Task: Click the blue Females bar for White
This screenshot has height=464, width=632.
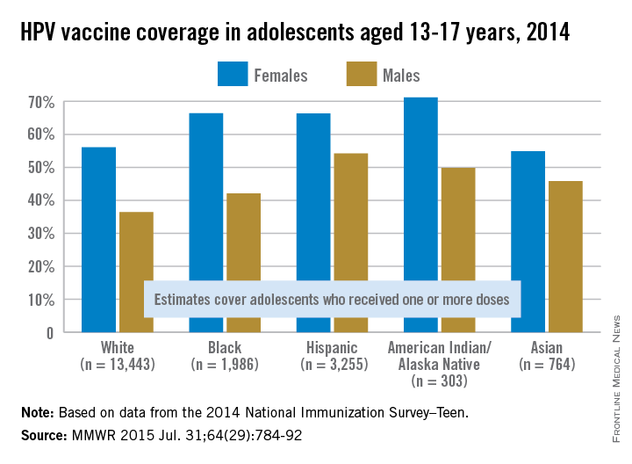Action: [x=98, y=220]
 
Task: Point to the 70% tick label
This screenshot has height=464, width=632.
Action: [x=42, y=102]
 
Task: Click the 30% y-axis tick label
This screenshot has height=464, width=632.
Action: [x=42, y=234]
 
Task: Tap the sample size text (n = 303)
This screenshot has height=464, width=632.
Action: [x=439, y=381]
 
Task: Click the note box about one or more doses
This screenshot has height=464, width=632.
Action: [x=332, y=300]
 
